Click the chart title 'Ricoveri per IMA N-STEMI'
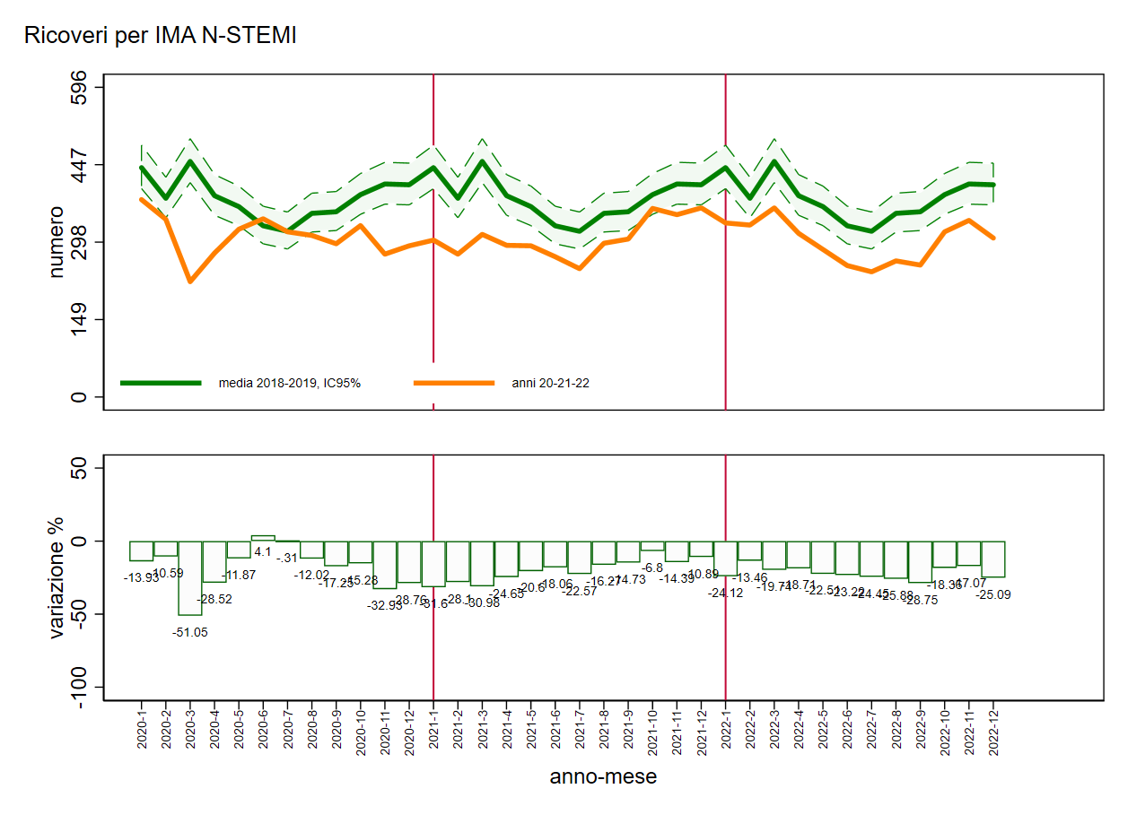coord(161,36)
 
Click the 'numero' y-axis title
coord(57,242)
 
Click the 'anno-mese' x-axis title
coord(603,776)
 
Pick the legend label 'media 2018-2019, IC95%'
coord(290,383)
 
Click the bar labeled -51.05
coord(190,578)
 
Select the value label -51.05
coord(190,632)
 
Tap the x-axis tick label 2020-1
coord(142,732)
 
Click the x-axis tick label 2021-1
coord(434,732)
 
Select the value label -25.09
coord(992,594)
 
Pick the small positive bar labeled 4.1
coord(263,538)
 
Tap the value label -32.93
coord(385,605)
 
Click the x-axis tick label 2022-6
coord(847,732)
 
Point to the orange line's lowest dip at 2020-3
coord(190,282)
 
